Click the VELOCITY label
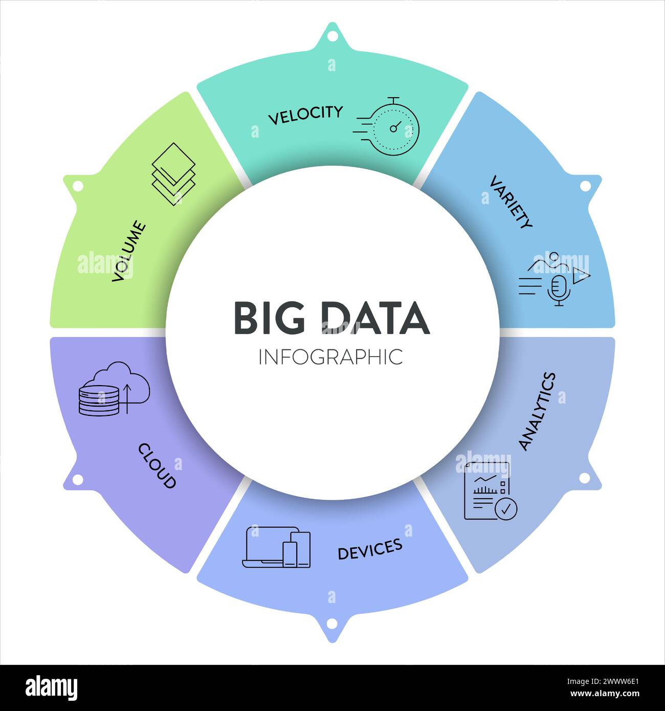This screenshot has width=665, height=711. click(305, 115)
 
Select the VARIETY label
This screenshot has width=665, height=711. click(511, 202)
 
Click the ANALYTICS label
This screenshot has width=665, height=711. click(537, 411)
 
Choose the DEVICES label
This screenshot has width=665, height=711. click(370, 549)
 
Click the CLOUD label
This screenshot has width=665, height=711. click(157, 465)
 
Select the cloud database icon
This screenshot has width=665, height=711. click(114, 389)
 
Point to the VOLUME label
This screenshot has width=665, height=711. click(129, 251)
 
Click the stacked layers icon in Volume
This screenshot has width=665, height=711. click(174, 174)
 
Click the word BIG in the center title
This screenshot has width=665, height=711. click(270, 318)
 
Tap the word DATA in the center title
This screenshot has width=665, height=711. click(375, 318)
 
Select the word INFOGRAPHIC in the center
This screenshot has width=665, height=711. click(330, 357)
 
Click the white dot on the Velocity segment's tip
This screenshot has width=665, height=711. click(332, 37)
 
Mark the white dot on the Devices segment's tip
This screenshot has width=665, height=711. click(332, 623)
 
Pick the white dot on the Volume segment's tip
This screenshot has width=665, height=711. click(78, 186)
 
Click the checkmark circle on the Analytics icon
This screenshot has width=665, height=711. click(506, 509)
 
